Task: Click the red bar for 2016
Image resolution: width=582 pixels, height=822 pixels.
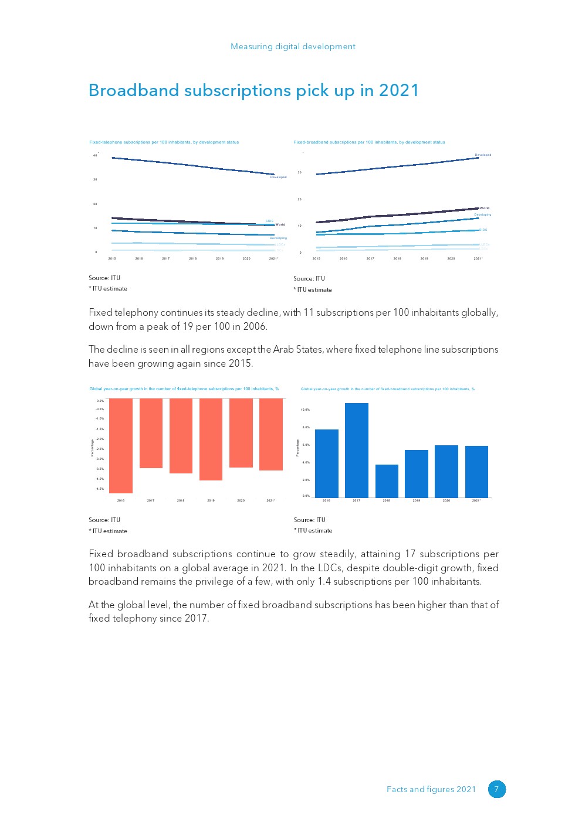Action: pos(121,445)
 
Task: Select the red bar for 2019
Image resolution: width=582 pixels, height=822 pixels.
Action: pos(211,439)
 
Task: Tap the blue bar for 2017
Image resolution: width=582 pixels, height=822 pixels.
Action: pos(357,450)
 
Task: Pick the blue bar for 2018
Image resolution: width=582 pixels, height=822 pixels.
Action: pos(387,481)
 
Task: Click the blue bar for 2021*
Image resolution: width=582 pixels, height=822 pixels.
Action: pos(476,472)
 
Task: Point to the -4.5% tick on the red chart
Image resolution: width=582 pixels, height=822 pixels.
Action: pos(100,489)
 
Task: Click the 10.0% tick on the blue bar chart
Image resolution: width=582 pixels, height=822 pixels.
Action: pos(305,410)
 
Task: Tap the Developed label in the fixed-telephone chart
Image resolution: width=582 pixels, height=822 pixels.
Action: pos(278,177)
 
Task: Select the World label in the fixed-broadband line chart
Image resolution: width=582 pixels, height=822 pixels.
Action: pos(485,208)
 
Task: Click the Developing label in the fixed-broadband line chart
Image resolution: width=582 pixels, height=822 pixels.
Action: pos(483,214)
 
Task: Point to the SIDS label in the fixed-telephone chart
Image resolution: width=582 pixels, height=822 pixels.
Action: pos(269,221)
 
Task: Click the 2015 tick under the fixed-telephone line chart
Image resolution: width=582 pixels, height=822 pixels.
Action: pos(112,258)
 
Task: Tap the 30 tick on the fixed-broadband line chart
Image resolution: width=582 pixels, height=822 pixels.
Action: pos(300,172)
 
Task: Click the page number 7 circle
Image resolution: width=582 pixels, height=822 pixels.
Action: pos(496,789)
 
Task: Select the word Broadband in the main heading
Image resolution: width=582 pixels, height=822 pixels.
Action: pos(134,90)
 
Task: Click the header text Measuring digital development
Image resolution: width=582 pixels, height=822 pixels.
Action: pos(293,46)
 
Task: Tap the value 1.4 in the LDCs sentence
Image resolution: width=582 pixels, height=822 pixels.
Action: pos(324,581)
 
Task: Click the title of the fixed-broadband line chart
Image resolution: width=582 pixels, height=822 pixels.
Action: pos(369,142)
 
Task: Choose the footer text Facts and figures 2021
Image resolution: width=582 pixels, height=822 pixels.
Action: pos(431,789)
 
